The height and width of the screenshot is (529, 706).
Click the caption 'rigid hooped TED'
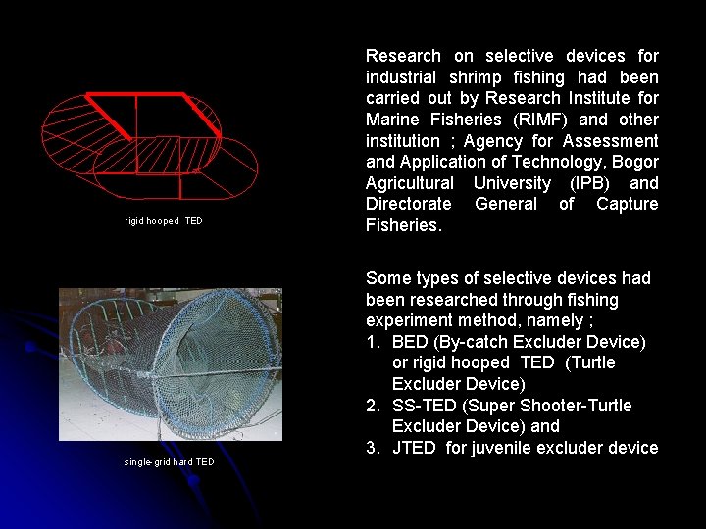click(164, 221)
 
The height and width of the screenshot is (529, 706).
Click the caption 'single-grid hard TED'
click(169, 462)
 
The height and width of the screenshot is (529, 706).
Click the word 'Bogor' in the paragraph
click(635, 162)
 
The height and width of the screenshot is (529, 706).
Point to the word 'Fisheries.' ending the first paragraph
click(404, 225)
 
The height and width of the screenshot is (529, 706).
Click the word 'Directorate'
click(408, 204)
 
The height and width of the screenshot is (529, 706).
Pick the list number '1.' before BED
click(374, 342)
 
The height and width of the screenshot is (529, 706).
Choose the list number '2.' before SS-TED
click(374, 406)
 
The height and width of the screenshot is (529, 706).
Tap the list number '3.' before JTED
click(374, 448)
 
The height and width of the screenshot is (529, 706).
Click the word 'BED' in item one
click(409, 342)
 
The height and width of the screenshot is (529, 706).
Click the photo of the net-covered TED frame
click(171, 363)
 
